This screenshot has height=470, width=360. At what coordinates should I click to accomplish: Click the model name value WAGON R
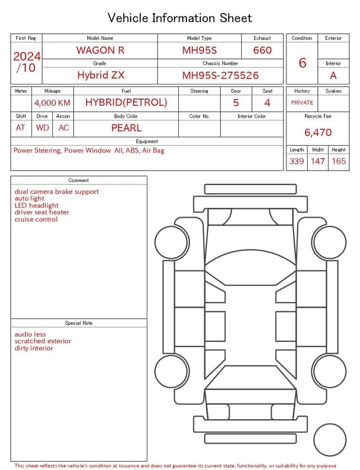click(100, 50)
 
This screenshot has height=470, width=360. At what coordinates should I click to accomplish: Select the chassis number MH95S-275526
click(220, 75)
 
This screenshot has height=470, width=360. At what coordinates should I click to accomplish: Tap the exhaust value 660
click(262, 50)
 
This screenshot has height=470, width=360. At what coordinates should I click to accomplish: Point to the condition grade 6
click(303, 62)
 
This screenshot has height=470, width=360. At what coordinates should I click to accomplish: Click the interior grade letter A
click(334, 75)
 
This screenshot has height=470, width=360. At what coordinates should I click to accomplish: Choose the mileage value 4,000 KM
click(52, 103)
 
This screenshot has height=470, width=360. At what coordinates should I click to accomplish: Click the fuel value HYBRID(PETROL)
click(126, 102)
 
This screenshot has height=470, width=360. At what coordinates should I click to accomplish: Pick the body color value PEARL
click(127, 128)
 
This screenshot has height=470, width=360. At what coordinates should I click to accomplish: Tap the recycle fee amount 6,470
click(318, 132)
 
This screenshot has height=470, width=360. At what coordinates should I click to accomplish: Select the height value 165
click(339, 161)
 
